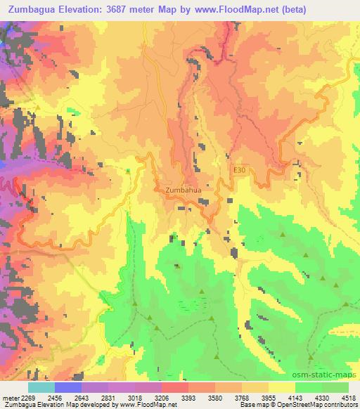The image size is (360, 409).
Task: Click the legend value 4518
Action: click(x=349, y=397)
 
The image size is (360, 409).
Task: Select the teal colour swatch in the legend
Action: click(x=41, y=387)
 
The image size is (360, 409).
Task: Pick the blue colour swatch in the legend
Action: click(x=68, y=387)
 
